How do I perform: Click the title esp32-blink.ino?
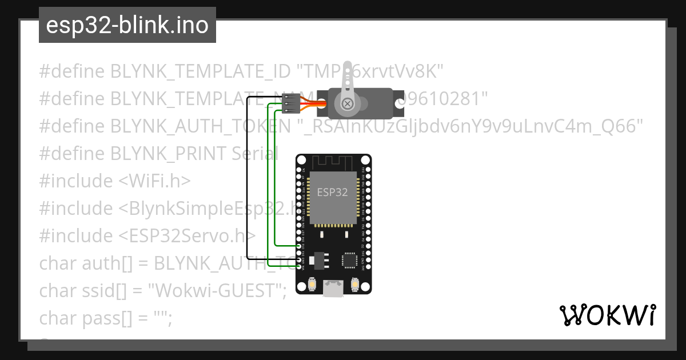[127, 25]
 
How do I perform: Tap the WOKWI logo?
[607, 315]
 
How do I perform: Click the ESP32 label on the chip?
[332, 192]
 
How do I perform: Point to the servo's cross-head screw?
[347, 103]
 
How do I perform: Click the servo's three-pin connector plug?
[291, 103]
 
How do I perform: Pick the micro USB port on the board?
[333, 289]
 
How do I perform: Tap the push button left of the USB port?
[312, 283]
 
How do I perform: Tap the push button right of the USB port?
[354, 283]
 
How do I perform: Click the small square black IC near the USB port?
[349, 261]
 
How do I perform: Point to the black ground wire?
[247, 177]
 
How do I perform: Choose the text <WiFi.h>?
[155, 181]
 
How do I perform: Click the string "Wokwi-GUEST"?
[217, 291]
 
